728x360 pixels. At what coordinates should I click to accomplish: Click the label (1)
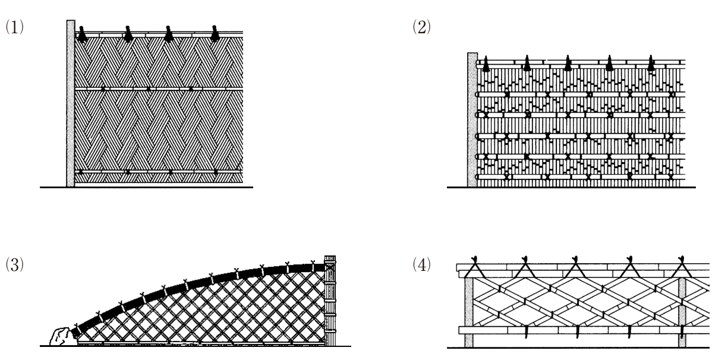(x=15, y=27)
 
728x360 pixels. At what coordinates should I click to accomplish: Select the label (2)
(x=421, y=27)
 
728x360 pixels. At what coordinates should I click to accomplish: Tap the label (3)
(x=15, y=264)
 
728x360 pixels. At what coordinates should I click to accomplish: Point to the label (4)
(x=421, y=264)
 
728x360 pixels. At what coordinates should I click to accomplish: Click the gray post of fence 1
(x=71, y=103)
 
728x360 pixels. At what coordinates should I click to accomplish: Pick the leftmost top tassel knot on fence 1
(x=82, y=34)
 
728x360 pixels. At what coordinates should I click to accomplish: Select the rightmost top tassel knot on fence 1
(x=215, y=34)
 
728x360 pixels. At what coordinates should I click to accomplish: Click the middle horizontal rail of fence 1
(x=159, y=89)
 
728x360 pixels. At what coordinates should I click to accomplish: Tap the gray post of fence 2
(x=472, y=119)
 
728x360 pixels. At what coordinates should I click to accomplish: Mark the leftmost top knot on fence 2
(x=486, y=64)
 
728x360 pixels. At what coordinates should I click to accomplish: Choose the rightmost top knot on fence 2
(x=651, y=63)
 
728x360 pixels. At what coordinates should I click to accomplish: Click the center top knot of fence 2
(x=568, y=63)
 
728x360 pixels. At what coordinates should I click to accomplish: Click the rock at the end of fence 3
(x=61, y=337)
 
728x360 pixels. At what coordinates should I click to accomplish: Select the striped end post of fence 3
(x=330, y=301)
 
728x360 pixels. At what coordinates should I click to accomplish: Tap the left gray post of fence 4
(x=469, y=312)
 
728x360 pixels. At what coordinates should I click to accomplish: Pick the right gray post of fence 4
(x=682, y=312)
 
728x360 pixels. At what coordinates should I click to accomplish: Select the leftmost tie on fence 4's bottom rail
(x=526, y=331)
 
